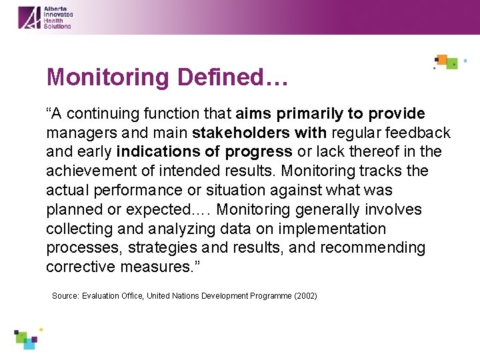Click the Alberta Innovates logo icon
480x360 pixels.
(x=29, y=17)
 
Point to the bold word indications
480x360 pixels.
(x=157, y=152)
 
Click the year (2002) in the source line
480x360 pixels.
(x=305, y=295)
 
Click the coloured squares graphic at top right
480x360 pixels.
(x=447, y=62)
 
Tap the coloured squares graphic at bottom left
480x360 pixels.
(x=27, y=338)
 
